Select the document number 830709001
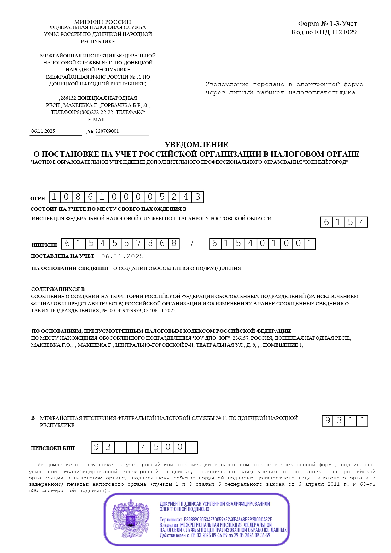point(107,131)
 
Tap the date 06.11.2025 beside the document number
point(43,131)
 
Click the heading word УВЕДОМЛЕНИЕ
point(196,145)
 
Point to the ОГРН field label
point(38,198)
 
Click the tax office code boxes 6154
point(344,222)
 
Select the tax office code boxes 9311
point(345,421)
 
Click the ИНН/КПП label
point(44,245)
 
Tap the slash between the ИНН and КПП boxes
point(192,244)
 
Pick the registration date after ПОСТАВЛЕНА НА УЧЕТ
point(122,256)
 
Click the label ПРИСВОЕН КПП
point(53,448)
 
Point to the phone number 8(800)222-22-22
point(95,112)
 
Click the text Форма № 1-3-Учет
point(327,24)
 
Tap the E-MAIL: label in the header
point(97,120)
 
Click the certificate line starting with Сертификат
point(216,520)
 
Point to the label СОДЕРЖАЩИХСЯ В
point(58,289)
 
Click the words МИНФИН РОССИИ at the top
point(102,22)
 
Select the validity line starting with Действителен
point(215,535)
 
